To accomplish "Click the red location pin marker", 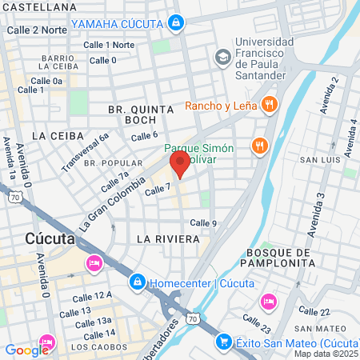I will click(179, 165).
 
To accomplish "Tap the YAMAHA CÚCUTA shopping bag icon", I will click(175, 23).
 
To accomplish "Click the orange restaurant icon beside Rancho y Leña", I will click(270, 104).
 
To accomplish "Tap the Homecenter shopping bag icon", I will click(138, 283).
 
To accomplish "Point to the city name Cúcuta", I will click(50, 238).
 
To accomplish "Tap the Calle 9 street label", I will click(204, 222).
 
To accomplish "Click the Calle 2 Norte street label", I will click(37, 30).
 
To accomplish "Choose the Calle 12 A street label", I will click(92, 295).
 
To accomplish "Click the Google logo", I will click(26, 350).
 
